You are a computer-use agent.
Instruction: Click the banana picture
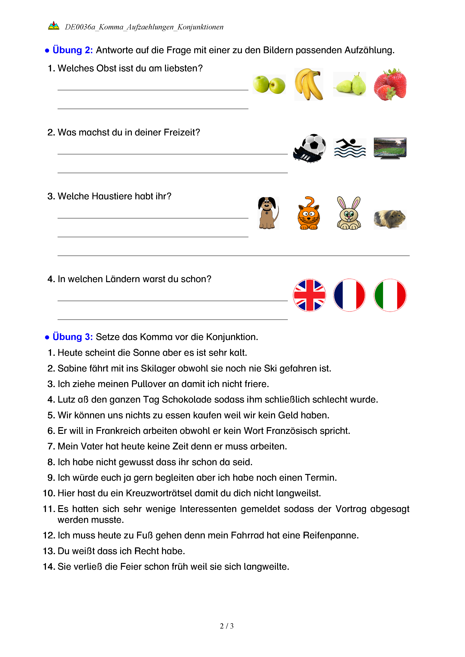click(x=308, y=84)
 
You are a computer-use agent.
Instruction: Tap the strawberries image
click(x=390, y=84)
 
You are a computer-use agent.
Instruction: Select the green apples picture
click(x=269, y=84)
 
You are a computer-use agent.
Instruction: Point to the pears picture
click(x=350, y=84)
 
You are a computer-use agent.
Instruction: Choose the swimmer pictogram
click(x=350, y=148)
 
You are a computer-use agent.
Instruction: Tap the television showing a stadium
click(x=390, y=148)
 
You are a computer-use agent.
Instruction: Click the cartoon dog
click(x=268, y=213)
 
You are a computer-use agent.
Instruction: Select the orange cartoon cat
click(x=309, y=213)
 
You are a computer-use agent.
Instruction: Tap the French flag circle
click(x=349, y=295)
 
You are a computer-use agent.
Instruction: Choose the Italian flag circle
click(x=390, y=295)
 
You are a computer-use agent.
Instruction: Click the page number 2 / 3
click(x=226, y=626)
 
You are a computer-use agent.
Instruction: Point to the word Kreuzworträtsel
click(x=159, y=493)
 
